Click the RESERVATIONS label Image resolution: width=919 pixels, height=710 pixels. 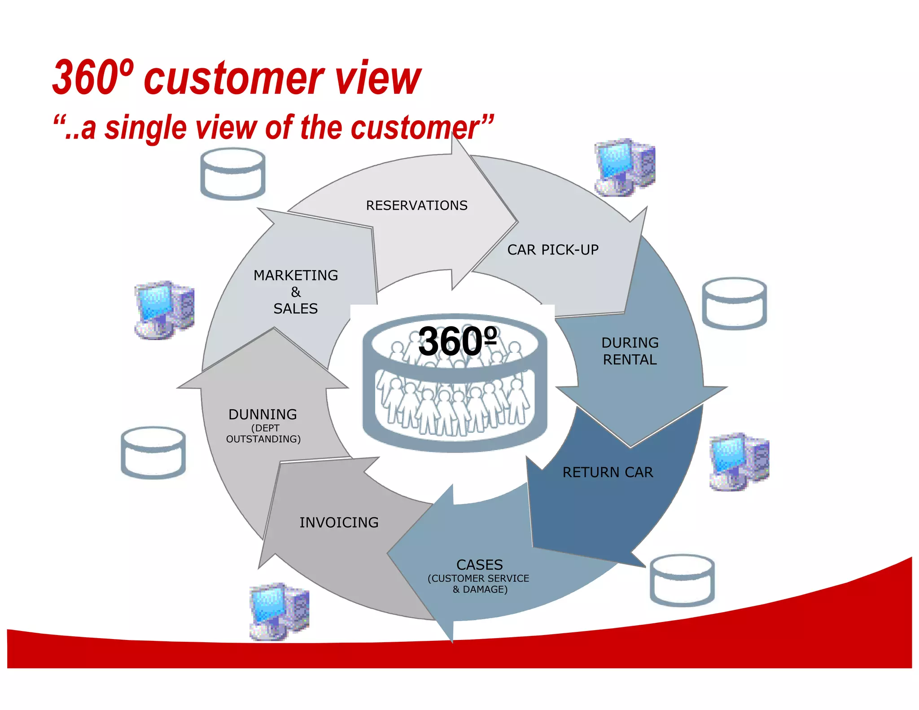pyautogui.click(x=416, y=206)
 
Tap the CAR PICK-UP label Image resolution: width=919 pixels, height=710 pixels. pyautogui.click(x=553, y=250)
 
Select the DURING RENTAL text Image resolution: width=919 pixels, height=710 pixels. pyautogui.click(x=630, y=351)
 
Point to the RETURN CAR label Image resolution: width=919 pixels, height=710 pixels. pyautogui.click(x=608, y=473)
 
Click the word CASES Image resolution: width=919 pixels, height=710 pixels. pyautogui.click(x=479, y=565)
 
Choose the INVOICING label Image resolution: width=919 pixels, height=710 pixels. pyautogui.click(x=339, y=522)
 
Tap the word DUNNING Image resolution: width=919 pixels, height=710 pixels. pyautogui.click(x=263, y=414)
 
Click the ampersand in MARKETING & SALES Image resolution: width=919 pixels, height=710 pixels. pyautogui.click(x=296, y=292)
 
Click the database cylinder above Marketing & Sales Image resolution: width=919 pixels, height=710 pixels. pyautogui.click(x=232, y=174)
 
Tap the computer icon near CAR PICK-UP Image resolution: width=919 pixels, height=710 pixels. pyautogui.click(x=625, y=167)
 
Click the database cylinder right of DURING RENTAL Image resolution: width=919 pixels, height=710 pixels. pyautogui.click(x=734, y=304)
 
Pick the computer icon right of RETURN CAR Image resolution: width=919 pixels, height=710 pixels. pyautogui.click(x=739, y=462)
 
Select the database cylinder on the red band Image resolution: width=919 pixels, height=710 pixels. pyautogui.click(x=682, y=580)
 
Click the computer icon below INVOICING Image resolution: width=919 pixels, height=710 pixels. pyautogui.click(x=279, y=612)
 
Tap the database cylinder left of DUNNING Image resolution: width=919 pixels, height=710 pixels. pyautogui.click(x=153, y=453)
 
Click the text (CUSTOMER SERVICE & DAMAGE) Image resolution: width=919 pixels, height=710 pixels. pyautogui.click(x=479, y=584)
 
